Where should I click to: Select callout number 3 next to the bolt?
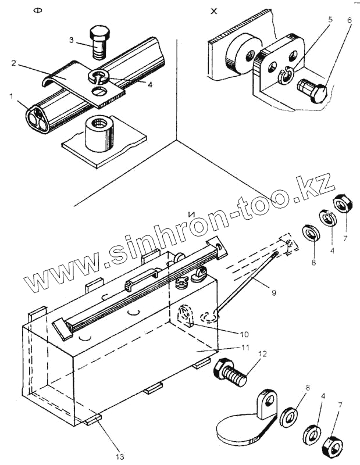coord(72,40)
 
